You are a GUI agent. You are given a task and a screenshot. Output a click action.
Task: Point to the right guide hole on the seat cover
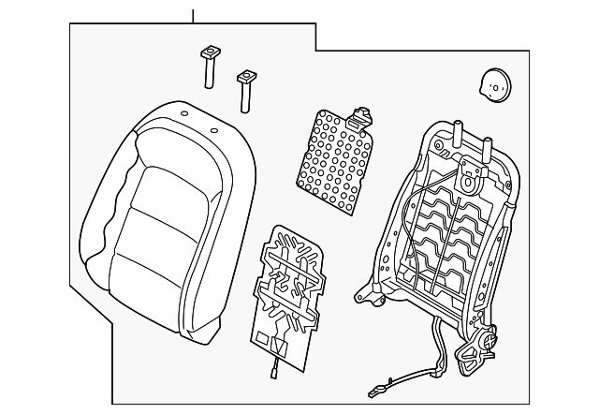(x=214, y=130)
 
